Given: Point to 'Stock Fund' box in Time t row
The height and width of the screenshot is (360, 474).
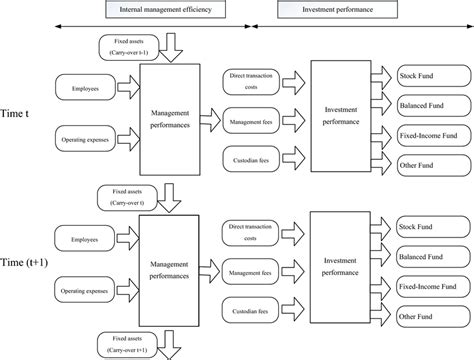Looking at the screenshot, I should tap(422, 75).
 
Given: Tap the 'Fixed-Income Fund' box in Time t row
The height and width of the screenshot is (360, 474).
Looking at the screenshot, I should tap(424, 134).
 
